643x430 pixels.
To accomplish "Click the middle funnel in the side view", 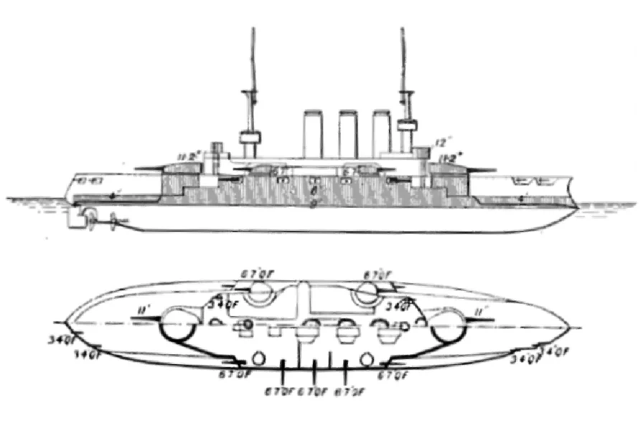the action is [x=348, y=133].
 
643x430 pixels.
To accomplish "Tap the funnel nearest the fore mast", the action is [x=381, y=133].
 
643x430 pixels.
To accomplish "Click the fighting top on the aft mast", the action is [x=250, y=137].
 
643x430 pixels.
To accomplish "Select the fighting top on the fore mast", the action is [x=407, y=127].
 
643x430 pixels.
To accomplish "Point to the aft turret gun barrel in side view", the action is [x=148, y=168].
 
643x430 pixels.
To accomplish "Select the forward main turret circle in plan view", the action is [x=446, y=326].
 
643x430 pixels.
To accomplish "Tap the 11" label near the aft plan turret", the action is [x=142, y=310].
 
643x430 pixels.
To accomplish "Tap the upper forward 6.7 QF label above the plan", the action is [x=377, y=274].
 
